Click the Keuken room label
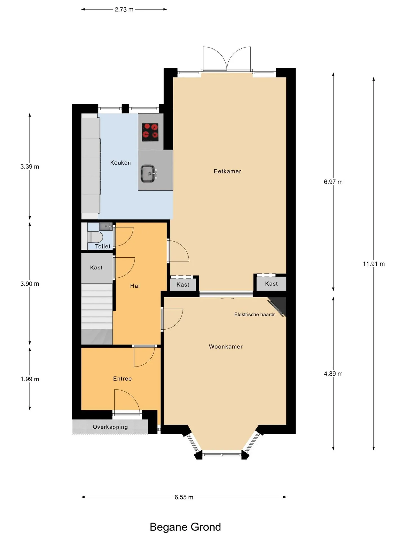point(120,163)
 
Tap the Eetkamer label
point(228,171)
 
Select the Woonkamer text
point(226,346)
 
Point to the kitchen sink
point(148,174)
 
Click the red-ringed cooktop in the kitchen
point(150,132)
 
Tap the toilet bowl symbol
point(94,237)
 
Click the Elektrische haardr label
point(255,314)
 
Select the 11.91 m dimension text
point(374,264)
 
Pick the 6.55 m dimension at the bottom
point(184,497)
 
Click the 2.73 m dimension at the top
point(124,9)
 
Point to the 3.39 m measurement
point(30,166)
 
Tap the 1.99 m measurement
point(30,379)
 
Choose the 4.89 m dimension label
point(333,374)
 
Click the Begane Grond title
point(185,527)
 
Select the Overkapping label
point(110,427)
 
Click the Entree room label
point(122,379)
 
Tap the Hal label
point(135,286)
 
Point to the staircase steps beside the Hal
point(97,314)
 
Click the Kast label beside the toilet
point(96,267)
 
